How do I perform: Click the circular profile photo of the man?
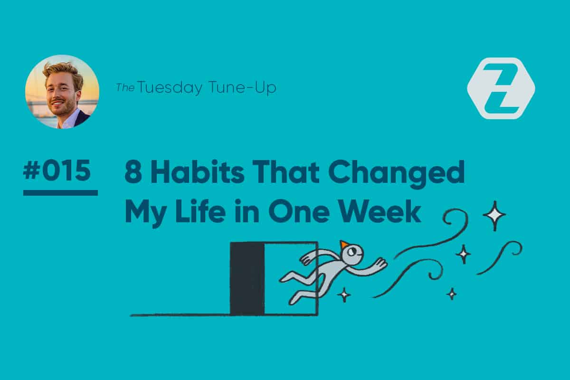click(x=62, y=92)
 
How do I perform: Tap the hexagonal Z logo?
click(x=501, y=88)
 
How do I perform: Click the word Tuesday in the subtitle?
click(x=170, y=87)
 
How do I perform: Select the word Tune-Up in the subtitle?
click(x=242, y=87)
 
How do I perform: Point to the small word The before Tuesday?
click(x=125, y=88)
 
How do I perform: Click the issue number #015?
click(x=57, y=170)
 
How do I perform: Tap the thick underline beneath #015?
click(x=61, y=193)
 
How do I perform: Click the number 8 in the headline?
click(x=133, y=171)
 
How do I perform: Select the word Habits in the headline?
click(x=199, y=171)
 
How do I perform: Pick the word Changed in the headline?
click(x=397, y=174)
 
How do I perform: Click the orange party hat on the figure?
click(x=343, y=244)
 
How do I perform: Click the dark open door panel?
click(x=247, y=278)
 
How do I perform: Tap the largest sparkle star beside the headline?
click(x=494, y=216)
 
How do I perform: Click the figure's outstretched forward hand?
click(x=381, y=264)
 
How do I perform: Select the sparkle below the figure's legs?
click(x=344, y=294)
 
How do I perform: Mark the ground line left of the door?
click(x=180, y=315)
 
